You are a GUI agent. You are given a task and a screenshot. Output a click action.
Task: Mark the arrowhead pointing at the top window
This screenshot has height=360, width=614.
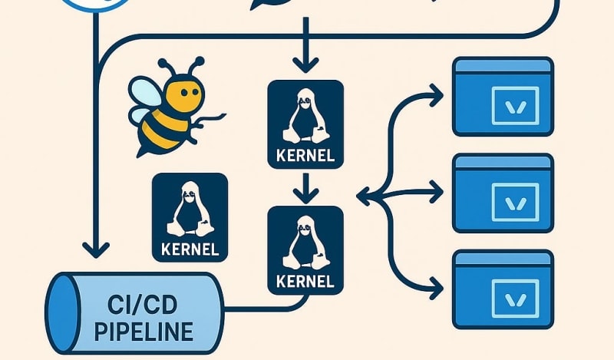(x=438, y=96)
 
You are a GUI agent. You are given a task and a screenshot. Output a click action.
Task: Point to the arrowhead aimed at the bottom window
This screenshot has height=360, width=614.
(x=438, y=290)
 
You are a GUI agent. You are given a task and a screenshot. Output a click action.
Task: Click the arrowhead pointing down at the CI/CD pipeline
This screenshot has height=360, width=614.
(x=97, y=249)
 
